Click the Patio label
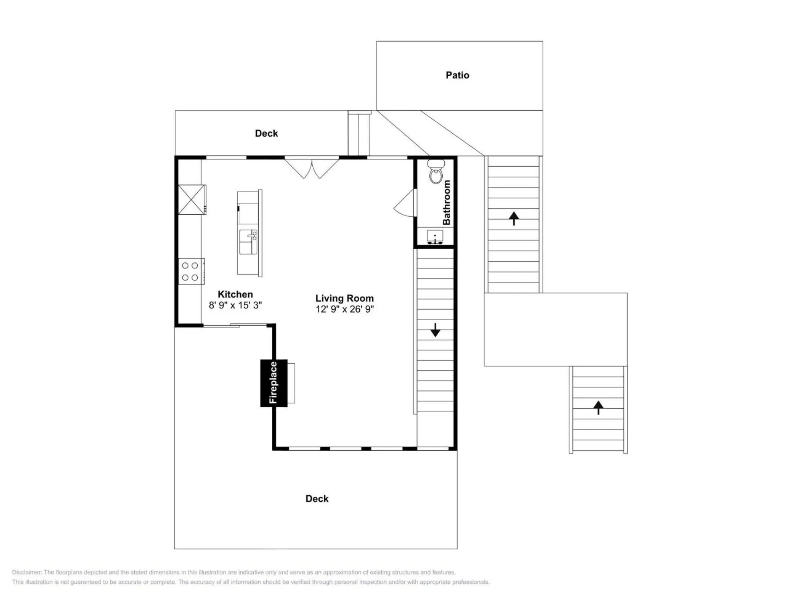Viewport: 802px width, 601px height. click(x=457, y=75)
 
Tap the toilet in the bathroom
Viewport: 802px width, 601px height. click(x=435, y=171)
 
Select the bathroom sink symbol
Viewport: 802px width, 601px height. click(x=435, y=237)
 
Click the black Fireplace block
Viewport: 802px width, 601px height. click(x=274, y=383)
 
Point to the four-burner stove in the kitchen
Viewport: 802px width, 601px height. click(x=190, y=271)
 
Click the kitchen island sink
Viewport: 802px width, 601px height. click(x=248, y=242)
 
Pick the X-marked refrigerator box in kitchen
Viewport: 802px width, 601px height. click(x=191, y=199)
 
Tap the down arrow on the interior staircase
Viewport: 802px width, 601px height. click(x=435, y=330)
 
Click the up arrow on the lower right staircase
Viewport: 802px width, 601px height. click(x=598, y=407)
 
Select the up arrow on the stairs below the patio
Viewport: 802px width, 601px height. click(x=514, y=218)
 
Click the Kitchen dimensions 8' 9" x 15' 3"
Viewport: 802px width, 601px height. click(x=235, y=305)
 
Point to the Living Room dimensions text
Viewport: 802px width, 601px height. click(x=344, y=309)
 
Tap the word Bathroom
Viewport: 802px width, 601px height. click(x=446, y=202)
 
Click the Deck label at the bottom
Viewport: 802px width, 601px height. click(x=317, y=499)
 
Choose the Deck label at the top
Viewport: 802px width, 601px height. click(x=266, y=133)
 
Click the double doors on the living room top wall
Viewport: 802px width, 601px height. click(x=312, y=168)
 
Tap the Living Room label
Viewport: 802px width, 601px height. click(x=344, y=298)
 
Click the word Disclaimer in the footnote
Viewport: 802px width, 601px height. click(x=26, y=572)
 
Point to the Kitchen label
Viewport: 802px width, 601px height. click(x=235, y=294)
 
